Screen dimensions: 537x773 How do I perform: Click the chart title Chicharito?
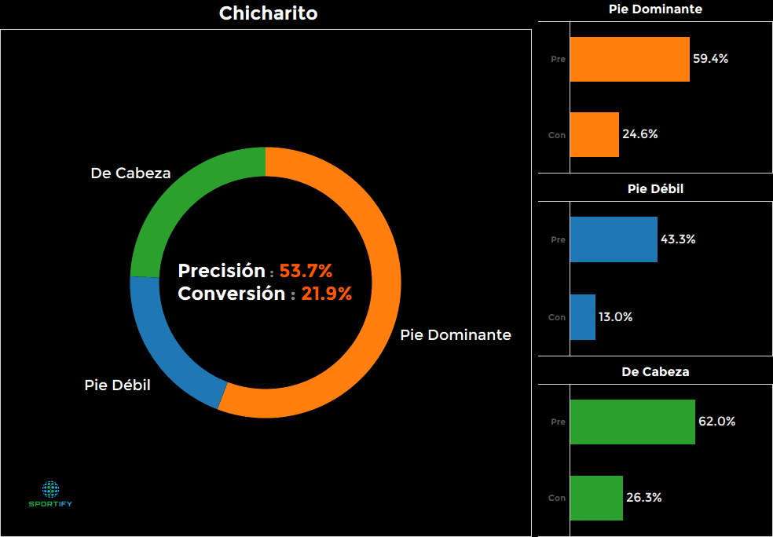[x=268, y=13]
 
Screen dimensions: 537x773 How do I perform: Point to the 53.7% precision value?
[x=306, y=272]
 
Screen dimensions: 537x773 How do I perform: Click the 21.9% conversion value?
[x=326, y=294]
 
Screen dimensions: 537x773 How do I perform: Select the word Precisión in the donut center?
[x=222, y=272]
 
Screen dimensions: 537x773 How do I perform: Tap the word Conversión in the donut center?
[x=231, y=294]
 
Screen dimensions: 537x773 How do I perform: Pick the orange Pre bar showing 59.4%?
[x=629, y=59]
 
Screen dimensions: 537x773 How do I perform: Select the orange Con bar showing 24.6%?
[x=594, y=134]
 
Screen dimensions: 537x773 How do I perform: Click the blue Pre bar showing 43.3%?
[x=613, y=239]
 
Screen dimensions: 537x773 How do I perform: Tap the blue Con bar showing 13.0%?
[x=582, y=317]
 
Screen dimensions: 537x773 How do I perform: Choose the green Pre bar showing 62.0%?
[x=632, y=422]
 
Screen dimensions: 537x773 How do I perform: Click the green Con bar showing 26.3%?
[x=596, y=498]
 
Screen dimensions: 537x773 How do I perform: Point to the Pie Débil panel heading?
[x=655, y=189]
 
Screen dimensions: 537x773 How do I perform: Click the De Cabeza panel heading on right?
[x=655, y=372]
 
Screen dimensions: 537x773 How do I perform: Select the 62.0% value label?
[x=716, y=422]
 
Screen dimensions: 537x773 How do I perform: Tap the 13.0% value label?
[x=615, y=317]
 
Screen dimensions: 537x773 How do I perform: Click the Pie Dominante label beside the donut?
[x=456, y=335]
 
